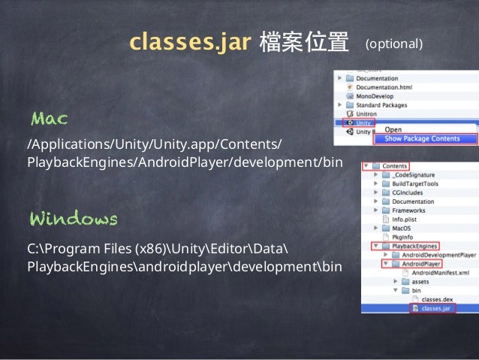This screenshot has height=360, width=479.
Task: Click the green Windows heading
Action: [73, 219]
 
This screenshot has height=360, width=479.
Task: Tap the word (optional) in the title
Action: [394, 44]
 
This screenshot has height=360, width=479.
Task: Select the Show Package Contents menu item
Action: [422, 139]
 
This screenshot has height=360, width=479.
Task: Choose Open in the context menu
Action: [393, 129]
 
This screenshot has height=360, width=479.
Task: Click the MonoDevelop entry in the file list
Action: [376, 96]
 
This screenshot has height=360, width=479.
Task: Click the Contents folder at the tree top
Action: [394, 166]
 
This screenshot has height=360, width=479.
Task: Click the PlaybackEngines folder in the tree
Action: [414, 246]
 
